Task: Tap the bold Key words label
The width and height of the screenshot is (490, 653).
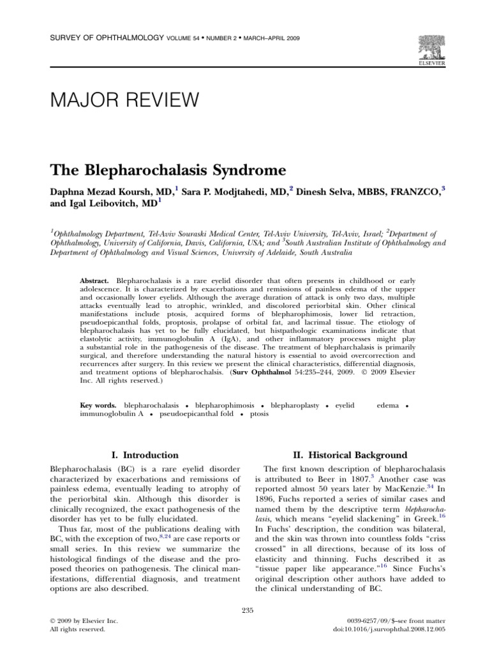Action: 99,405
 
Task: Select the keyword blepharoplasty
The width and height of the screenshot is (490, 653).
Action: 297,405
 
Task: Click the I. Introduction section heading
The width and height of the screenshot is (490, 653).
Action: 144,455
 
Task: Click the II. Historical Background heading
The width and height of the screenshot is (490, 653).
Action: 349,455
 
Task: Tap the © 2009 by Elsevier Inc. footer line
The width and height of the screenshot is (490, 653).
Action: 83,620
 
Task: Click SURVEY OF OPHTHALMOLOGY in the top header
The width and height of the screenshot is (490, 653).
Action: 108,38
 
